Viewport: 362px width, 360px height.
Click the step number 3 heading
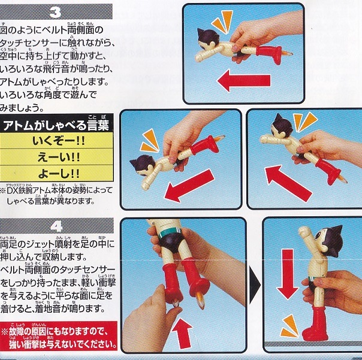click(x=55, y=12)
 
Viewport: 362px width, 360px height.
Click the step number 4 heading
click(x=56, y=226)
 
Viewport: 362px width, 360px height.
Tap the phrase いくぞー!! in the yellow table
click(x=58, y=141)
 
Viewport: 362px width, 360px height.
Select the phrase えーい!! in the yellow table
click(x=58, y=158)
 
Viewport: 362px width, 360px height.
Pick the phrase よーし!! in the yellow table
click(x=58, y=174)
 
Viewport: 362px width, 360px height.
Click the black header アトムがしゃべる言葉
click(x=56, y=125)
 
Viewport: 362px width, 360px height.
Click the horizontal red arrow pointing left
click(x=244, y=80)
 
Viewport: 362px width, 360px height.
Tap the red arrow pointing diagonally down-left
click(x=190, y=185)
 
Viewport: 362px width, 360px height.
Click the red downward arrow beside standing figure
click(x=288, y=274)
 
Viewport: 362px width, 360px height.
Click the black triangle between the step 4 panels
click(x=254, y=285)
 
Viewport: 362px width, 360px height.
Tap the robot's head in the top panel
click(x=208, y=39)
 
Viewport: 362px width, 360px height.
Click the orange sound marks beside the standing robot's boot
click(x=289, y=327)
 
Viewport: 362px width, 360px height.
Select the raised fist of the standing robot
click(x=304, y=231)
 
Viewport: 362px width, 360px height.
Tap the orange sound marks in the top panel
click(x=222, y=21)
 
